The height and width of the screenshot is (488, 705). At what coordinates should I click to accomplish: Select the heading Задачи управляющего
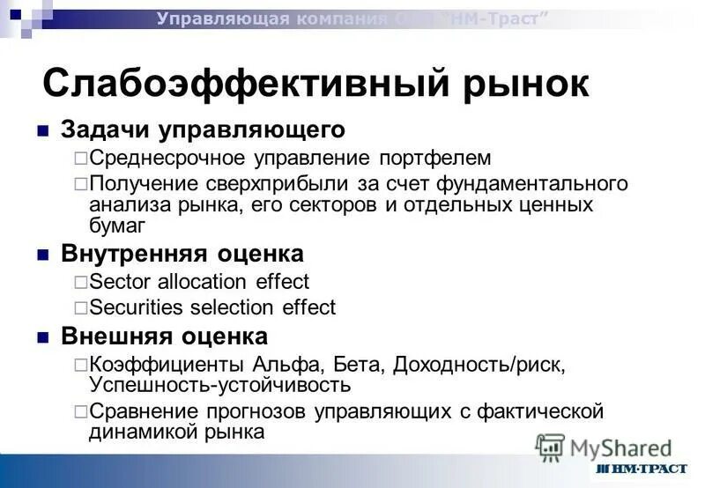click(x=203, y=130)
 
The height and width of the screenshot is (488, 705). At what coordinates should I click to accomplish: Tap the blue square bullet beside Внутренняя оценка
click(x=41, y=255)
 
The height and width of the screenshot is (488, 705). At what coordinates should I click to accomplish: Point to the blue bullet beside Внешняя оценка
click(x=41, y=337)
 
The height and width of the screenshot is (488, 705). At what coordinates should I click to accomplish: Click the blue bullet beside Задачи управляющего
click(x=41, y=131)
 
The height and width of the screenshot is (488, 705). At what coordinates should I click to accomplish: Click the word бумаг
click(x=117, y=225)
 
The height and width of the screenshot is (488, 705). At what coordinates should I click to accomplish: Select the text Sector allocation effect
click(x=199, y=282)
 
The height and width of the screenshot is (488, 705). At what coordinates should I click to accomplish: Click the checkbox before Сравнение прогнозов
click(x=80, y=412)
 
